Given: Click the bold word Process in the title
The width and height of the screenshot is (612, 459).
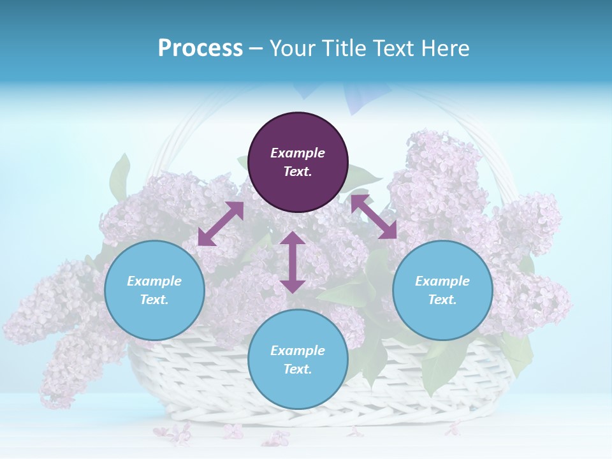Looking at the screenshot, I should [x=200, y=48].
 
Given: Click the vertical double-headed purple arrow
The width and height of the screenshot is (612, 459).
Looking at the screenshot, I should [x=293, y=262].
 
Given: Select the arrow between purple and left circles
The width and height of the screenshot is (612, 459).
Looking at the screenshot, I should [x=221, y=223].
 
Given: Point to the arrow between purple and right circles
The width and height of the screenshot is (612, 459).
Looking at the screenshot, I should [x=374, y=217].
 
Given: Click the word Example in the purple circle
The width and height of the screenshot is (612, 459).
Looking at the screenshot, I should [x=298, y=153].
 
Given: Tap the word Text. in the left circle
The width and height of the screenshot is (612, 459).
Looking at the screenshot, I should [x=154, y=300].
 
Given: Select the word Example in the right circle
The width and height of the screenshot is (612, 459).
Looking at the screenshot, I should [x=442, y=281].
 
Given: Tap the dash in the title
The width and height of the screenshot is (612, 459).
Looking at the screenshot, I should [x=256, y=48].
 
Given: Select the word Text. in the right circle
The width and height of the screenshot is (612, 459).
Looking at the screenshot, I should [x=442, y=300].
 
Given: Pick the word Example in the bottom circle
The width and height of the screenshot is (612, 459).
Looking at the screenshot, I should [x=298, y=351].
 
